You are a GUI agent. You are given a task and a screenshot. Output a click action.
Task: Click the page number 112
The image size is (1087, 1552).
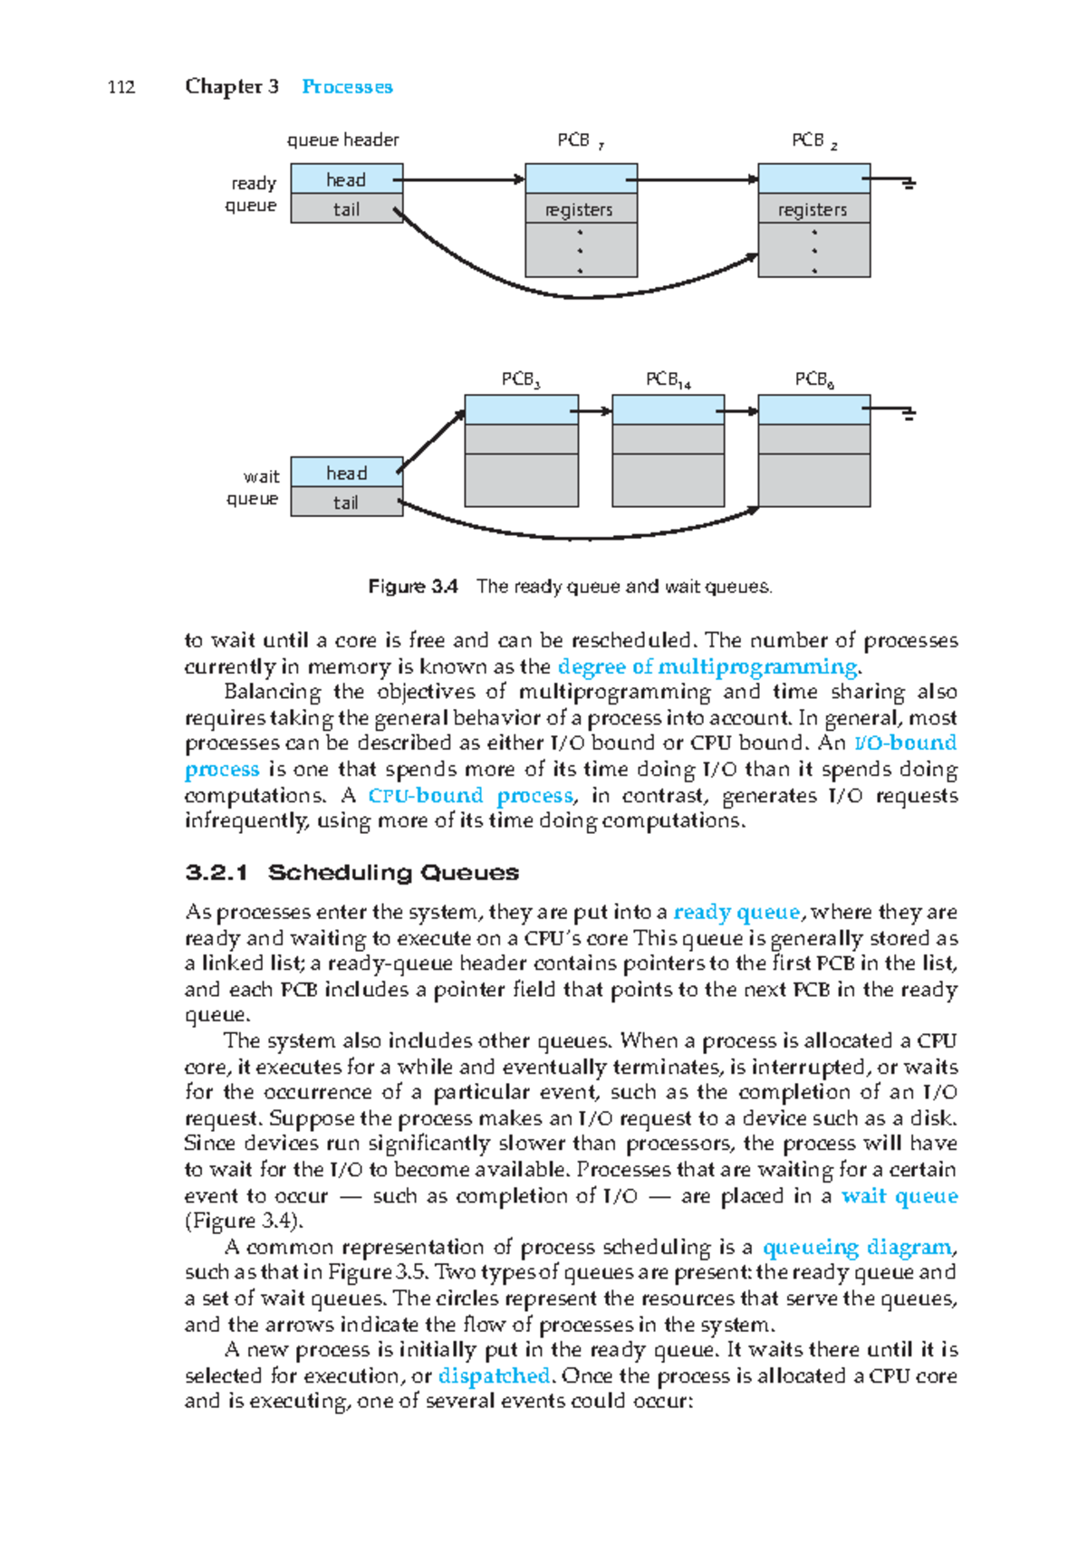(121, 87)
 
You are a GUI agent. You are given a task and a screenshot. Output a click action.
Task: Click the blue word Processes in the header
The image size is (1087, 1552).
(347, 87)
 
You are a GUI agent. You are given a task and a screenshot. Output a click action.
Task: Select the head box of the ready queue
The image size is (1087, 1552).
(346, 179)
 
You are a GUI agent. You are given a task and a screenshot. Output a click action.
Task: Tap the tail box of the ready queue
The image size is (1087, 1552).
(346, 209)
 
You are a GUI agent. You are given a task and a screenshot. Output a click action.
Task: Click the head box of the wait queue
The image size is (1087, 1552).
(346, 473)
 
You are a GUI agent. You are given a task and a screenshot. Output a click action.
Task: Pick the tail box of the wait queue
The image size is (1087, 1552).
(346, 503)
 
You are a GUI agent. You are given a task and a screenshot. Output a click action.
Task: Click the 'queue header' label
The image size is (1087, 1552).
(342, 140)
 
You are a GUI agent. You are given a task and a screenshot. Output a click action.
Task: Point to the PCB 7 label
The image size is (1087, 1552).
(580, 141)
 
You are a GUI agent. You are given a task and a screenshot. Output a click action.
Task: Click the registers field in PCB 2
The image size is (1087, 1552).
(813, 210)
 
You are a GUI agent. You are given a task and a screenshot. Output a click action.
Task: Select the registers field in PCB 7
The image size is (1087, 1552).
(580, 210)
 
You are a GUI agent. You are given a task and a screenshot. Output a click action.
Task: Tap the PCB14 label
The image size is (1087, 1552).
(668, 380)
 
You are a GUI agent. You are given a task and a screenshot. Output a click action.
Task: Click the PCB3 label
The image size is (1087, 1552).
(521, 380)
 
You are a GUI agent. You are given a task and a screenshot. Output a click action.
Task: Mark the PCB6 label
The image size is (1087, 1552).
(814, 380)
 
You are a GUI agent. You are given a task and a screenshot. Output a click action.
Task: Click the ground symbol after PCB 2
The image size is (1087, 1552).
(908, 184)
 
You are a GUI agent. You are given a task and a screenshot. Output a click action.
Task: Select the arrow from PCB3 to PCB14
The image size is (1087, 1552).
(595, 411)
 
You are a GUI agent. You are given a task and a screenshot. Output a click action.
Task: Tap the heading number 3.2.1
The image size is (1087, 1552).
(216, 873)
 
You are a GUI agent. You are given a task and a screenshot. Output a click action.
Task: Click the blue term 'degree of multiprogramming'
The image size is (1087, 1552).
(707, 667)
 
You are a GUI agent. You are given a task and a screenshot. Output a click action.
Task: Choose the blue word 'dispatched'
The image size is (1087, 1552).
(494, 1376)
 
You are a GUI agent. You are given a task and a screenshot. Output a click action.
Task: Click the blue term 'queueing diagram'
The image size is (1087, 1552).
(857, 1248)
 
